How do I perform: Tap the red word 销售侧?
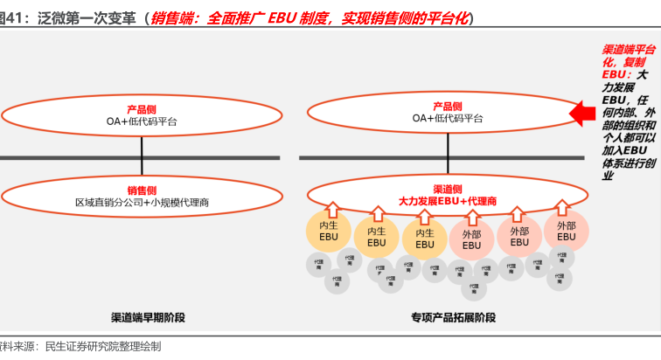[142, 190]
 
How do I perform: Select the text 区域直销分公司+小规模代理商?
[142, 203]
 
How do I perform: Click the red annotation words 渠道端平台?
[630, 51]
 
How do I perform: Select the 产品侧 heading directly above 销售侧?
[142, 109]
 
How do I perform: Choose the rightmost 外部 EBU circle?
[567, 231]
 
